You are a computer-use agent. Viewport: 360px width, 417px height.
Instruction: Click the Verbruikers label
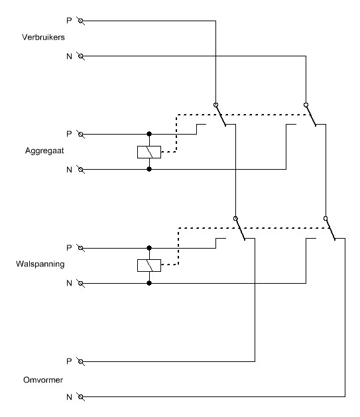(43, 37)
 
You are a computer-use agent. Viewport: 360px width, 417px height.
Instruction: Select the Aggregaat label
(44, 150)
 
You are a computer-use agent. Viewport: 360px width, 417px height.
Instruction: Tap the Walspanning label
(40, 264)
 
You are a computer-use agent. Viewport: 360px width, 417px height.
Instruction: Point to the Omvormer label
(43, 380)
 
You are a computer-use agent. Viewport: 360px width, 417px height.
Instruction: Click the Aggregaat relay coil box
(149, 152)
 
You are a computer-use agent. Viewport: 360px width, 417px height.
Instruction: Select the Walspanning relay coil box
(149, 265)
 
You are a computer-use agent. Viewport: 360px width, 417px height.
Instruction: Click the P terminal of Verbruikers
(81, 21)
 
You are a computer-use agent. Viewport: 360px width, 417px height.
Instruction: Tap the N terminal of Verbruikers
(81, 56)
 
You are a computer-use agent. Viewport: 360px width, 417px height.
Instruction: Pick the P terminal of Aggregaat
(81, 135)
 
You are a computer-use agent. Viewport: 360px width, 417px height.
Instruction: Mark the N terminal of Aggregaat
(81, 170)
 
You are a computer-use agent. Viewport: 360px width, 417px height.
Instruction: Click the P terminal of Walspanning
(81, 248)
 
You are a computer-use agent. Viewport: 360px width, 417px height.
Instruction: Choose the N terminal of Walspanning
(81, 283)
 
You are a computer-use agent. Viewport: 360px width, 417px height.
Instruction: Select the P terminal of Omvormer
(81, 362)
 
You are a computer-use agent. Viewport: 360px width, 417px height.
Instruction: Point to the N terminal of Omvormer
(81, 397)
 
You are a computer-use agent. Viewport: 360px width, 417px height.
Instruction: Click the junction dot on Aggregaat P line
(149, 134)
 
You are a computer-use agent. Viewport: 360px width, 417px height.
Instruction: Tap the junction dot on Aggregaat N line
(149, 169)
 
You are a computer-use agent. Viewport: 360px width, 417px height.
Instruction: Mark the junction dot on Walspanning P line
(149, 248)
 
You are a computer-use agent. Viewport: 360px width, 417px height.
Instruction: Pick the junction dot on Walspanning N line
(149, 283)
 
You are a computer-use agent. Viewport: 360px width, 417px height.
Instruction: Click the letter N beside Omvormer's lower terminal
(69, 397)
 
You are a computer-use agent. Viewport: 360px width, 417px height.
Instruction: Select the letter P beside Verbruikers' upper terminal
(69, 21)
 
